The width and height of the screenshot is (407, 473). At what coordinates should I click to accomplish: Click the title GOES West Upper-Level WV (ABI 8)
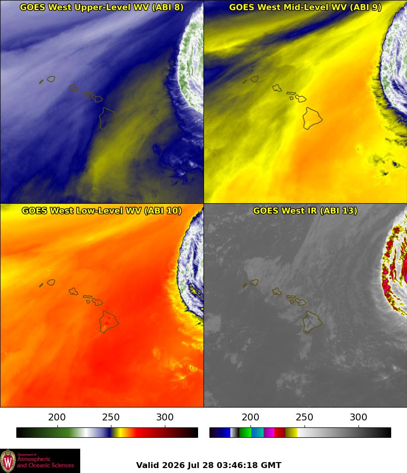102,7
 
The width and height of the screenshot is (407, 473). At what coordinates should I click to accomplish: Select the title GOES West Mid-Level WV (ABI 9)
305,7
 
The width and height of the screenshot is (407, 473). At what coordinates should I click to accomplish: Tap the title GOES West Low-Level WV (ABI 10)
102,211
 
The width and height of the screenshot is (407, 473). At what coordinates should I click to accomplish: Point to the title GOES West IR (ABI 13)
305,211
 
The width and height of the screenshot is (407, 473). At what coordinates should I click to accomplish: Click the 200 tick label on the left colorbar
57,417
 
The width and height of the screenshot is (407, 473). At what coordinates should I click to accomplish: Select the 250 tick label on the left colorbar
111,417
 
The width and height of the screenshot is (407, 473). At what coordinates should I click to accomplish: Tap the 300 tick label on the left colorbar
165,417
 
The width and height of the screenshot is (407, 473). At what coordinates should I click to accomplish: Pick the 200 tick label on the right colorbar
251,417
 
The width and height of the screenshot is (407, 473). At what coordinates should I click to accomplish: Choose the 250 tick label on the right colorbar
305,417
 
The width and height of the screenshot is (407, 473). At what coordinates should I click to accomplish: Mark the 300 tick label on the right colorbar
358,417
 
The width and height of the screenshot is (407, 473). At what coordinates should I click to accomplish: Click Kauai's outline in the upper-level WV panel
47,79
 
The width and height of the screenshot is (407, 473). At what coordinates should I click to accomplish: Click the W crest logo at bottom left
8,461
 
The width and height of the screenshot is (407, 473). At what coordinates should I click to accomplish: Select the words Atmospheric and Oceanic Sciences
45,462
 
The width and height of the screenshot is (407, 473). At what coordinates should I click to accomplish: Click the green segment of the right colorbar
245,432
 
